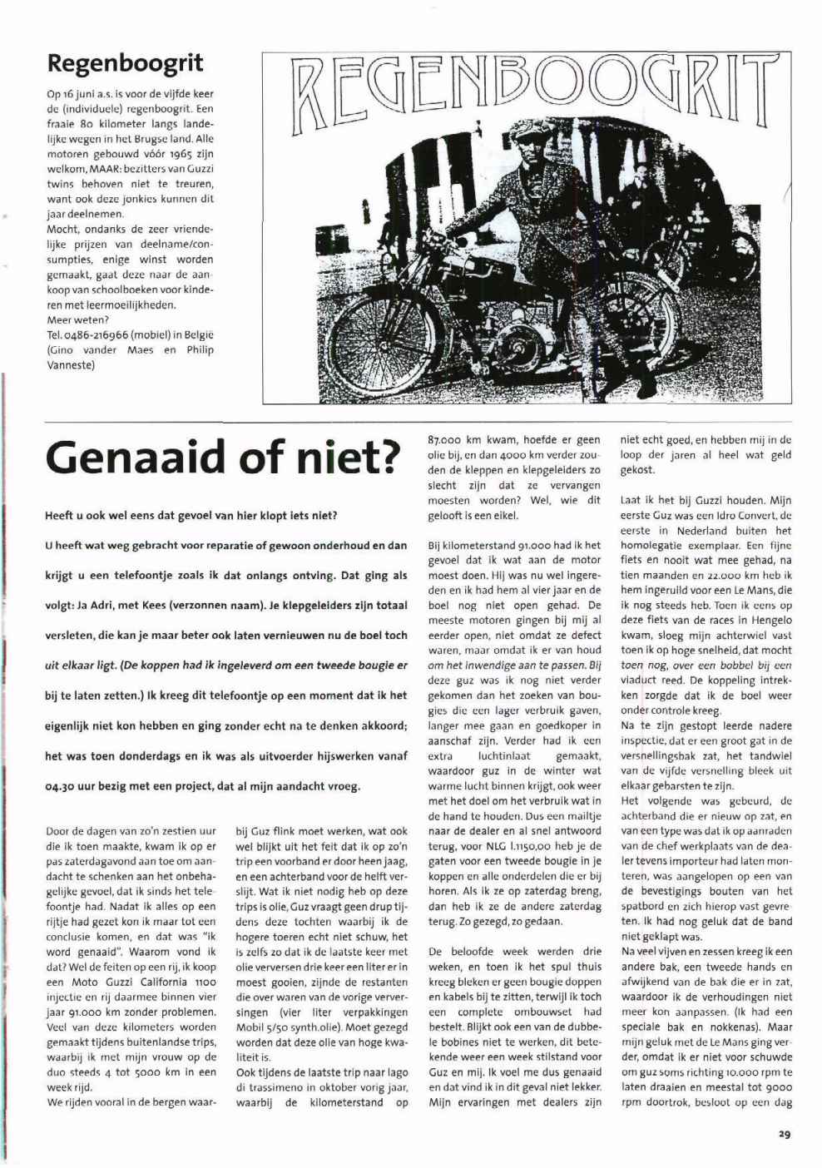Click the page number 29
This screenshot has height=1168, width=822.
(785, 1133)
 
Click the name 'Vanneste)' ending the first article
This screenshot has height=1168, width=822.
(71, 364)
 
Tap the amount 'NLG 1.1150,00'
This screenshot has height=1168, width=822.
(508, 846)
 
